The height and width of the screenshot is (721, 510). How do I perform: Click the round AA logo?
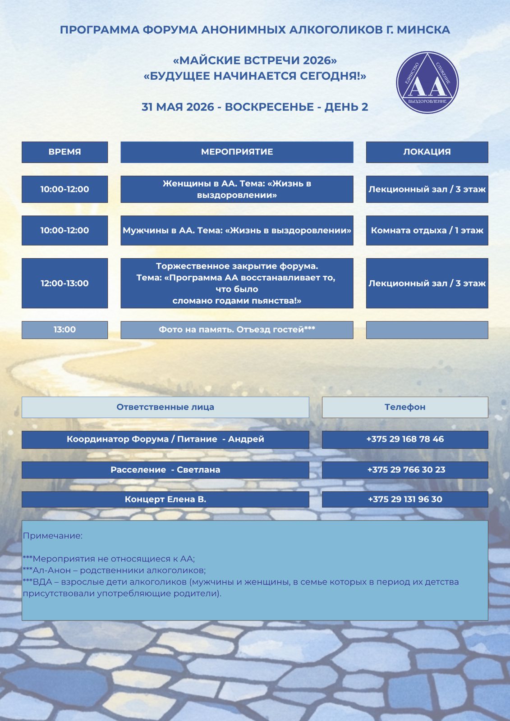[x=427, y=82]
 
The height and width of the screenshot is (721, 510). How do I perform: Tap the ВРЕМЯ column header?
[x=64, y=152]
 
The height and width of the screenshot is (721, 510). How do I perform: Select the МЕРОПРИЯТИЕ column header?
[x=237, y=152]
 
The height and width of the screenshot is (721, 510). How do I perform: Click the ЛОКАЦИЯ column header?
[x=427, y=152]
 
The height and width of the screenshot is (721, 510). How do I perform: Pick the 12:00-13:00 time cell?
[x=64, y=283]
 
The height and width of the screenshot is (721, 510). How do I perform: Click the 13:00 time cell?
[x=64, y=329]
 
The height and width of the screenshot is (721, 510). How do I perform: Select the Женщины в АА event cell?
[x=237, y=189]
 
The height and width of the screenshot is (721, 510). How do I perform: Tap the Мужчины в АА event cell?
[x=237, y=230]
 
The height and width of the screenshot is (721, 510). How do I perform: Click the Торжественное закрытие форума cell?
[x=237, y=283]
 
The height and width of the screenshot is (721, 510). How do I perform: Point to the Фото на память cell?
[x=237, y=329]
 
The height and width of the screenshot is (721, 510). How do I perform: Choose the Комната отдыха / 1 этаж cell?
[x=427, y=230]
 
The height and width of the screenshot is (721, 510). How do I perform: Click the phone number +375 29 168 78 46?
[x=404, y=439]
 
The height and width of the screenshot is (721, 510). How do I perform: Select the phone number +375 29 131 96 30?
[x=404, y=499]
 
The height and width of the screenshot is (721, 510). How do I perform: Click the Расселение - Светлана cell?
[x=165, y=470]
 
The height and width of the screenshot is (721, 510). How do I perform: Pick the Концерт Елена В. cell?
[x=165, y=499]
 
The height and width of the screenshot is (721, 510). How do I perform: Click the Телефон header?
[x=404, y=407]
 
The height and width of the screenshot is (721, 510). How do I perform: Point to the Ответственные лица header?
[x=165, y=407]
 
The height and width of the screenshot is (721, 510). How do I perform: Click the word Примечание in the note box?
[x=53, y=536]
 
